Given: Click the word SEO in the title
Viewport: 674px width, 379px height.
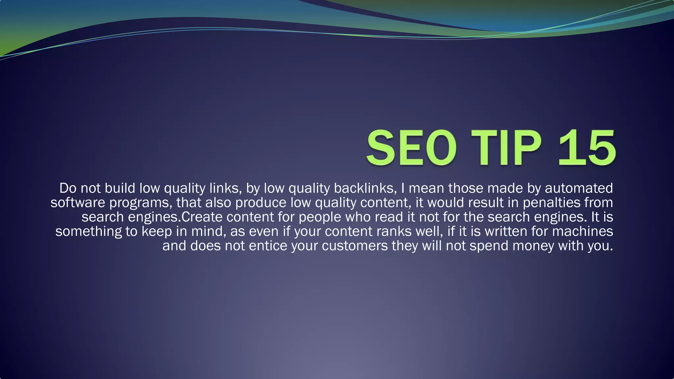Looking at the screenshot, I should tap(411, 148).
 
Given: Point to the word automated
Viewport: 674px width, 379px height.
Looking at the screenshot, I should tap(579, 188).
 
